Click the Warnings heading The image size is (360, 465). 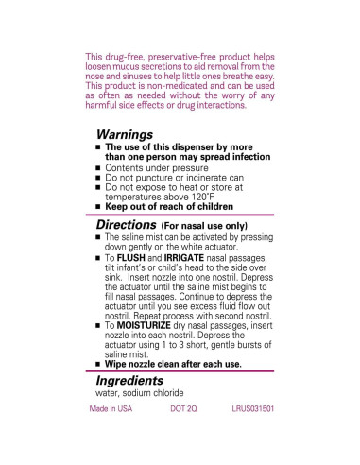(125, 136)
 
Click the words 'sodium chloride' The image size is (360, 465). (162, 393)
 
